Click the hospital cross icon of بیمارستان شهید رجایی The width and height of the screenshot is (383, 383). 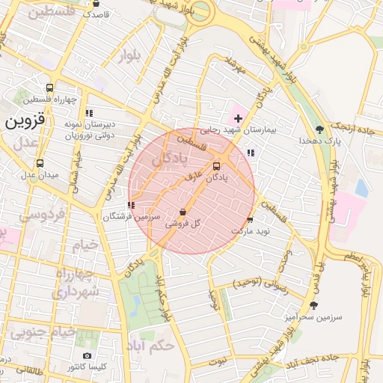click(239, 118)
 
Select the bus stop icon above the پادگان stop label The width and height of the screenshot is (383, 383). click(217, 166)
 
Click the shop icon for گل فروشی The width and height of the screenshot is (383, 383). click(184, 212)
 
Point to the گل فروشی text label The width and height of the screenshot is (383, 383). click(186, 223)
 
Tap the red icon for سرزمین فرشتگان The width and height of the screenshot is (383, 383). click(131, 204)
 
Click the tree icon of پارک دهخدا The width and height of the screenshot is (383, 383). click(320, 129)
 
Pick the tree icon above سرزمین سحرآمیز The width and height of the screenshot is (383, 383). click(313, 305)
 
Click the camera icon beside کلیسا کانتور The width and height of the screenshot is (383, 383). click(88, 355)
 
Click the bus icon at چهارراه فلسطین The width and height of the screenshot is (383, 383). click(49, 88)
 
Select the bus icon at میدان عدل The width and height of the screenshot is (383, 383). click(40, 163)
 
